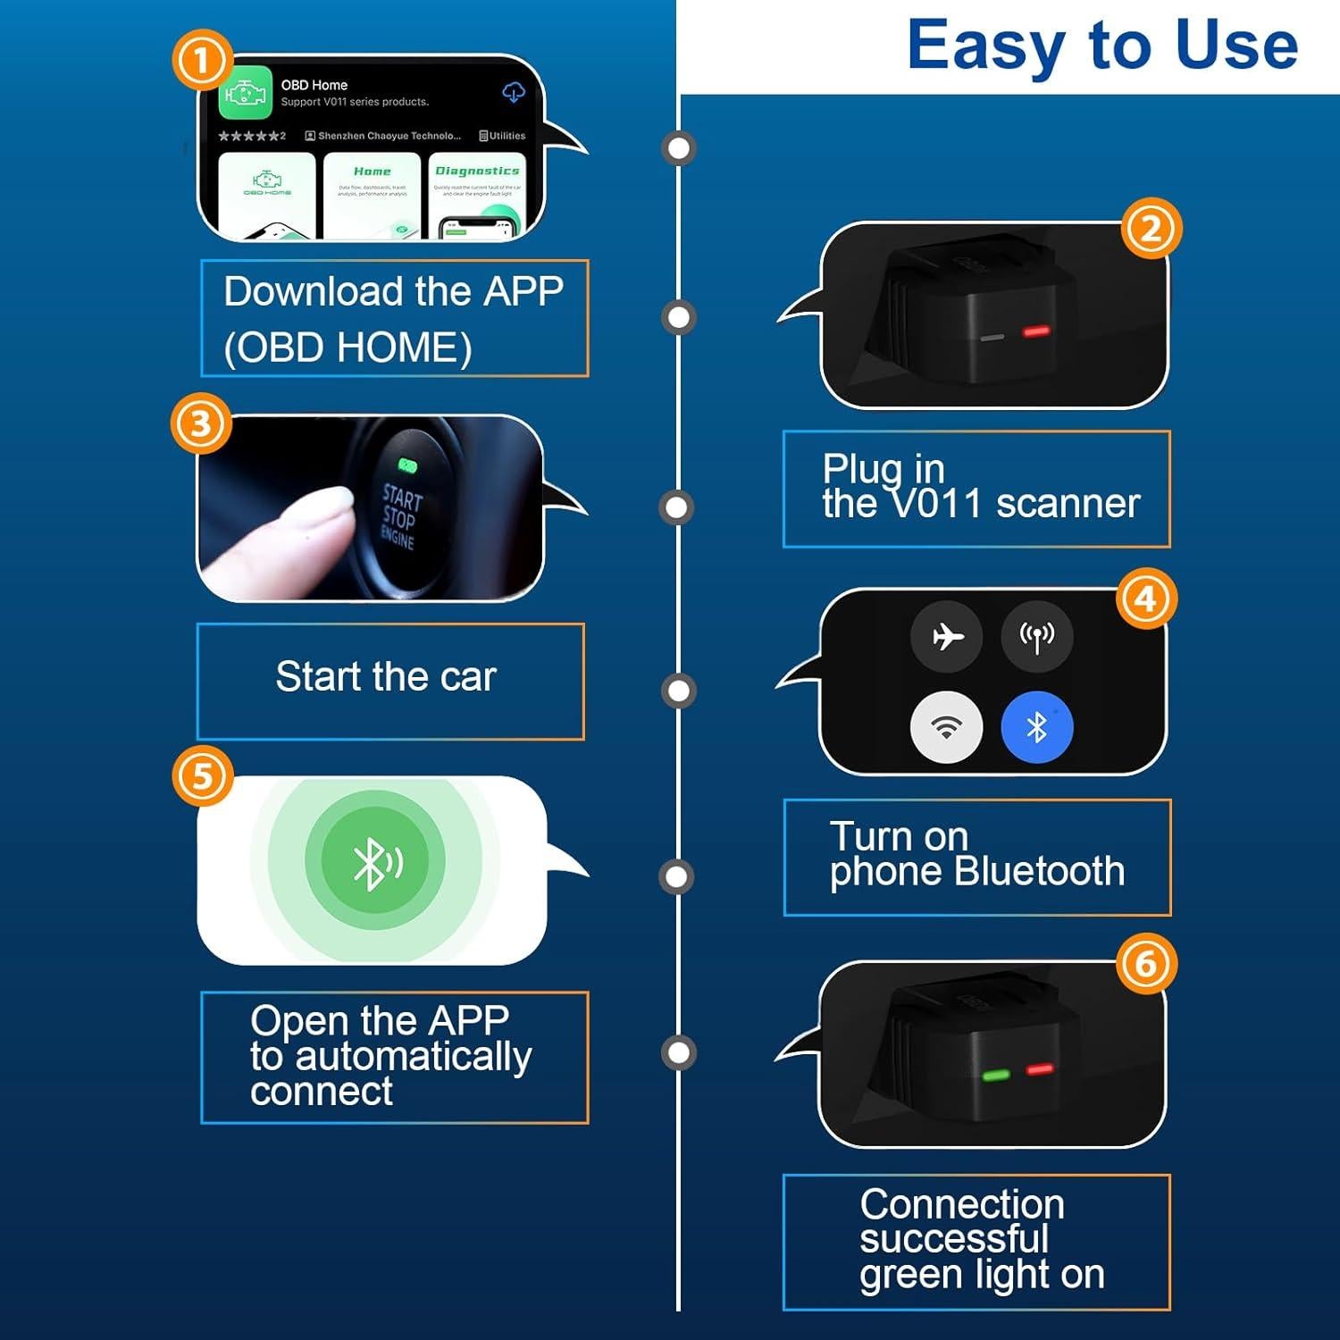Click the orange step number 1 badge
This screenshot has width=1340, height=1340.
202,61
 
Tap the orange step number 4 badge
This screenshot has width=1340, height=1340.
1146,599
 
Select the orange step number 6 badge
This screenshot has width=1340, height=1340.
1146,964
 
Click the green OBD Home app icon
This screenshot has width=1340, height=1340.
245,92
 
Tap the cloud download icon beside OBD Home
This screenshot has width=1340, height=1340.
514,91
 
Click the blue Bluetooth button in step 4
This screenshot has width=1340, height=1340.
1036,727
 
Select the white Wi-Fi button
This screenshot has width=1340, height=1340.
946,727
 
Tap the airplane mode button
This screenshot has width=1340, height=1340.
946,636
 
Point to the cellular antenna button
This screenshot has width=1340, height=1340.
1036,636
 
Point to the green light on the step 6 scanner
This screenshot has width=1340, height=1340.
995,1075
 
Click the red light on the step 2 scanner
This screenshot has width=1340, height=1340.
1035,331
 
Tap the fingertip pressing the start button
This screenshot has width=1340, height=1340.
326,509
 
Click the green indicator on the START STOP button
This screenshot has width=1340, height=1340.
407,465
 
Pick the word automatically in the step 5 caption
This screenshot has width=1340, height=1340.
413,1056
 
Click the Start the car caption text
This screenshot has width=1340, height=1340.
385,676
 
